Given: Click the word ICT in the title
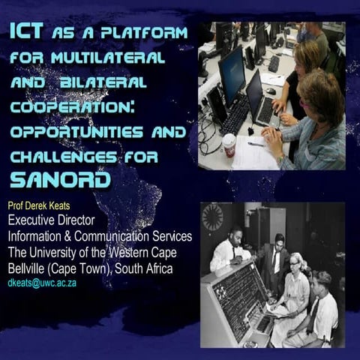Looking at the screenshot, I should pos(28,31).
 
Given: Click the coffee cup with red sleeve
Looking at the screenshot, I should pos(229,145).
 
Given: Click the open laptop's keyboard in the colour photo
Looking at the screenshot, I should pos(266,112).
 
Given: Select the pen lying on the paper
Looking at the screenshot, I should pos(256,142).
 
